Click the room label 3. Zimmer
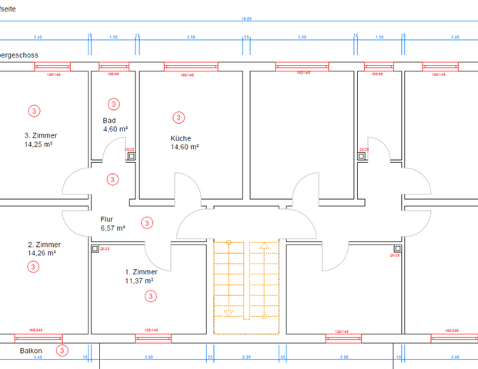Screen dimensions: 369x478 click(40, 135)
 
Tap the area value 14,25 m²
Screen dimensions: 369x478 click(39, 144)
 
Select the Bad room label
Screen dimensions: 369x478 click(110, 121)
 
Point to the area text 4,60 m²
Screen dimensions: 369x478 click(115, 129)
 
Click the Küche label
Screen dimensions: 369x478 click(181, 138)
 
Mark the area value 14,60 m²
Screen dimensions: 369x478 click(185, 147)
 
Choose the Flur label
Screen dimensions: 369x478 click(107, 219)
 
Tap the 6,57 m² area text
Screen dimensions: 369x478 click(113, 228)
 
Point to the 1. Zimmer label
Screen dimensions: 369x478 click(142, 272)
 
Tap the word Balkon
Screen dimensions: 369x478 click(32, 351)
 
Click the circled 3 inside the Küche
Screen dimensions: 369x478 click(178, 118)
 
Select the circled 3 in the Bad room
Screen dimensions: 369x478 click(113, 104)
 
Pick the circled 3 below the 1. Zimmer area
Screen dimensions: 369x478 click(150, 296)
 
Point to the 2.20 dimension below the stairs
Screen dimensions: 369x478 click(245, 357)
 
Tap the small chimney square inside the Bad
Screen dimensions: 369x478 click(131, 155)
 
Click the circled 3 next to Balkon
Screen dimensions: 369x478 click(61, 351)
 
